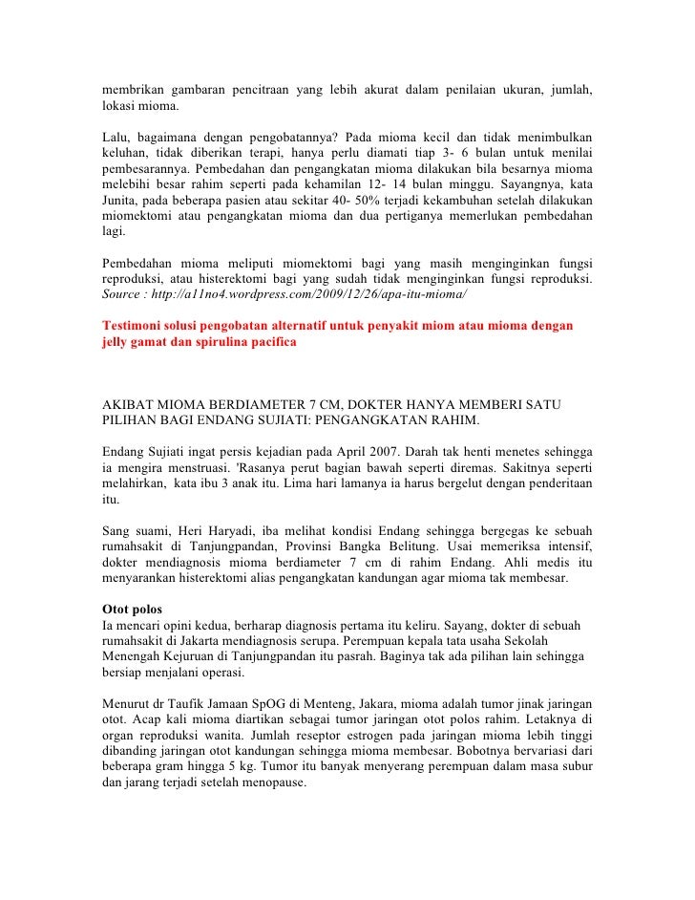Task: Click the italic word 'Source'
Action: click(124, 294)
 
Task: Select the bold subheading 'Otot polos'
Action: click(132, 610)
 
